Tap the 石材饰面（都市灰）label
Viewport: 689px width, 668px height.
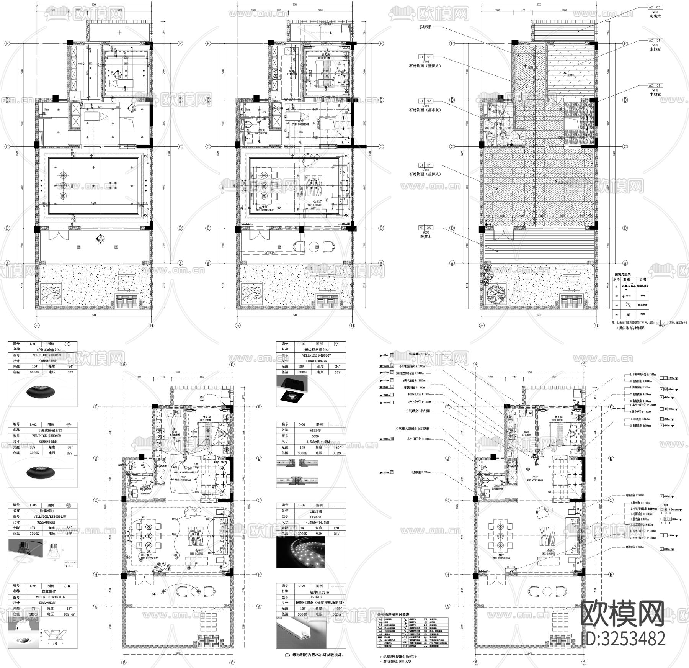tap(425, 110)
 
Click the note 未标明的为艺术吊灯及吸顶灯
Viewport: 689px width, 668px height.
tap(315, 655)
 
